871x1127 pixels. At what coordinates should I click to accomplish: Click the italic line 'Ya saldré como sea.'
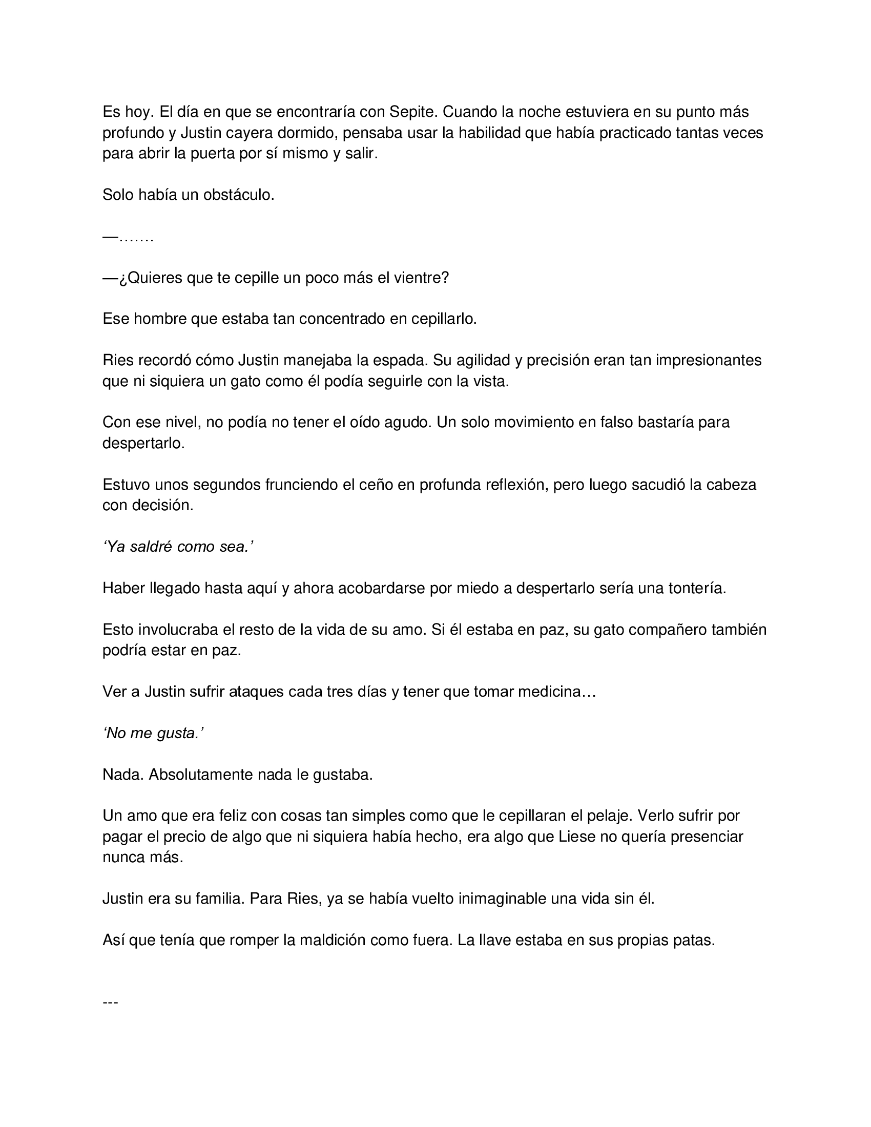(x=178, y=547)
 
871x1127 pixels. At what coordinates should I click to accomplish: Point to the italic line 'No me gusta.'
(x=154, y=733)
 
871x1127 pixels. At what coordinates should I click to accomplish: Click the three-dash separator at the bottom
(x=111, y=1002)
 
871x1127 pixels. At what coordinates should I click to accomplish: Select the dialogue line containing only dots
(x=129, y=237)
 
